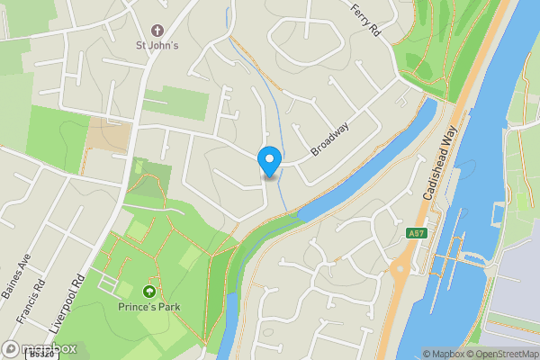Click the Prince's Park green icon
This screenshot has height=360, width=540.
tap(149, 292)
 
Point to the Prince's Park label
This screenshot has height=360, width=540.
tap(149, 308)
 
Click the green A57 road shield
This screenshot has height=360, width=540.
tap(415, 233)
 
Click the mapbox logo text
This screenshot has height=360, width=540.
tap(40, 348)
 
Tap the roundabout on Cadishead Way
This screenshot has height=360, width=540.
tap(400, 266)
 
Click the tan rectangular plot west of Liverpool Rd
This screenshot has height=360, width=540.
tap(107, 134)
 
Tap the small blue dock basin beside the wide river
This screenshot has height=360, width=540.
tap(498, 214)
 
